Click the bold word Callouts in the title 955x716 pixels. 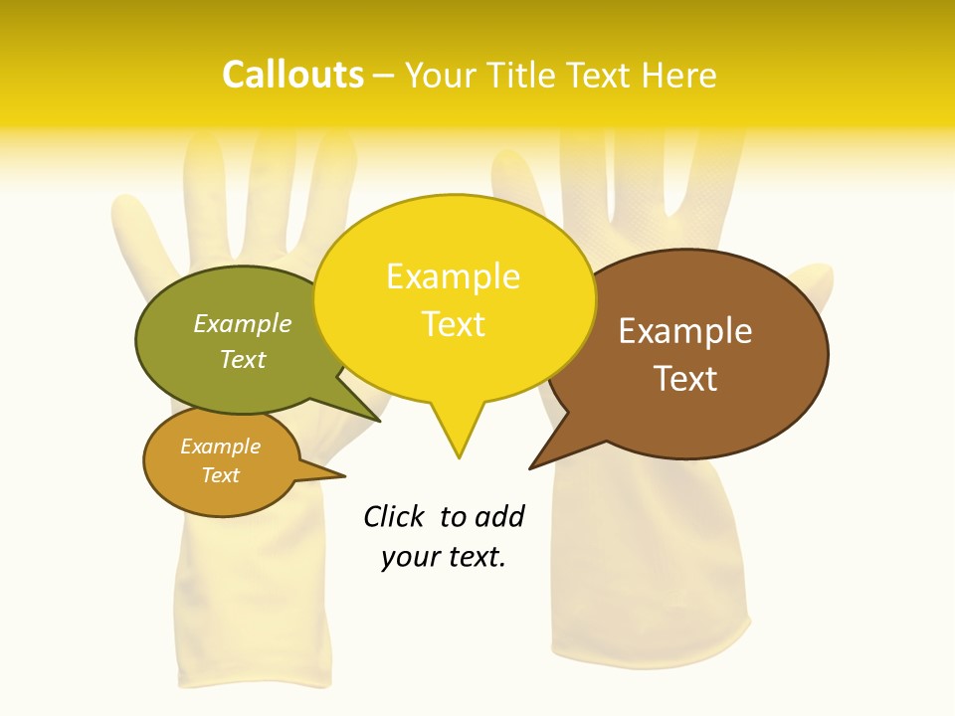292,75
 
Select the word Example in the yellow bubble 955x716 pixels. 453,276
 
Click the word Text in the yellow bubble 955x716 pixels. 453,324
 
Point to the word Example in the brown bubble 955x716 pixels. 685,331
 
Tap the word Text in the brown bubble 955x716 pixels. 685,379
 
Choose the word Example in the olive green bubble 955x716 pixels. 243,323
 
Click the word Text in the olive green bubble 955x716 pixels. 243,359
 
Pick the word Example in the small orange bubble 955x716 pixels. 220,447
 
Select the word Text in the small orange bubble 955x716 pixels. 220,475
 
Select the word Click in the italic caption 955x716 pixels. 394,516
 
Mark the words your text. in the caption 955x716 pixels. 443,557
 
